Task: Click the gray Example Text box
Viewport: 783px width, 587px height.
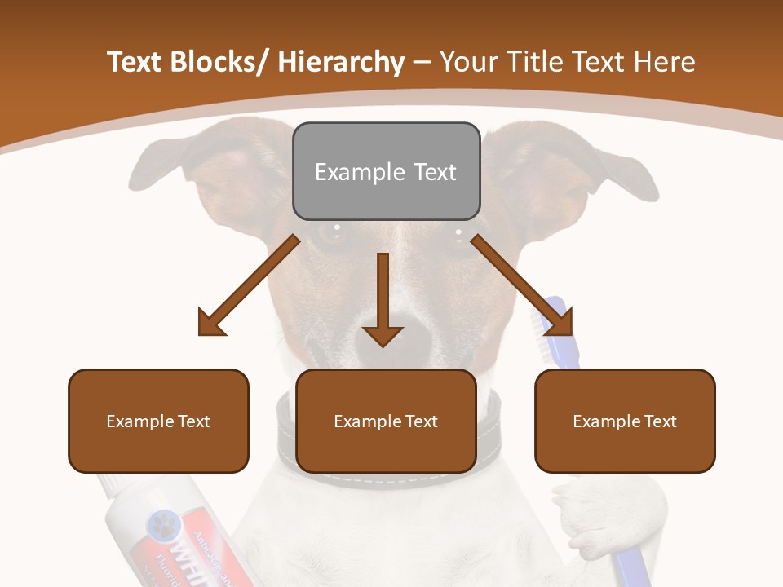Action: tap(386, 171)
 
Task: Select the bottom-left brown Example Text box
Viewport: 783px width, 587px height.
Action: tap(158, 421)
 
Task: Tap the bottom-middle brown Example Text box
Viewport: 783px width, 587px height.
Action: tap(386, 421)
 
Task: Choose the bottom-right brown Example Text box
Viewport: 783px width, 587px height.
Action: tap(625, 421)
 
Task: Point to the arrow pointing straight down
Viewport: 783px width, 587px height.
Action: tap(383, 302)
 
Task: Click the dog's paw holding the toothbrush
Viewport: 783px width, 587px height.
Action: tap(587, 514)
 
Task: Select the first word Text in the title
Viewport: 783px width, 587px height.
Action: tap(135, 62)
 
